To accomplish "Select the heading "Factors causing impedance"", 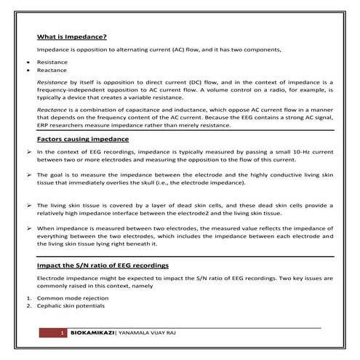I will [x=82, y=137].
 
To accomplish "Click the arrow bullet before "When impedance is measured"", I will [x=28, y=228].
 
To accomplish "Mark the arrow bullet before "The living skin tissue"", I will [x=28, y=205].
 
